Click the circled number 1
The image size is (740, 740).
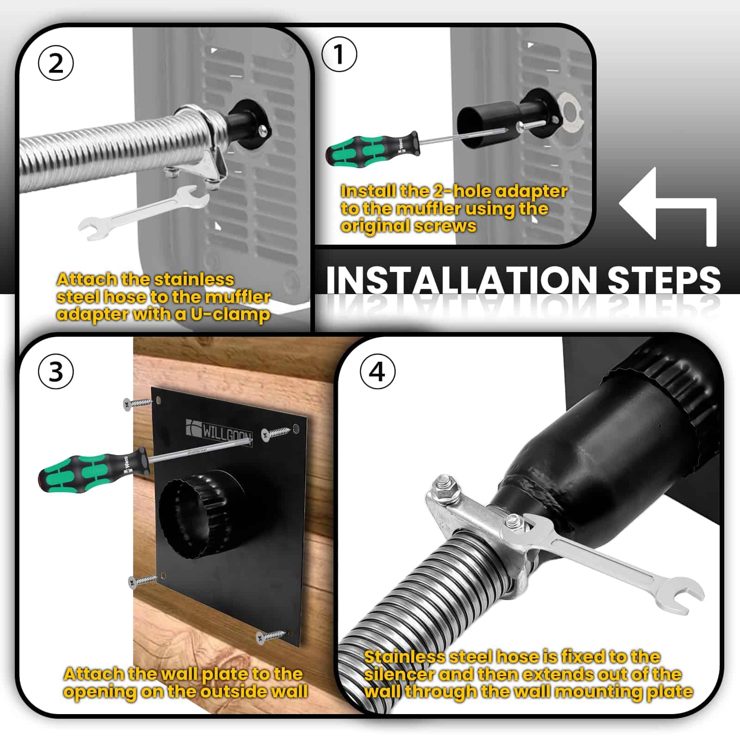coord(339,54)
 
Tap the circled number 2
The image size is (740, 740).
coord(55,63)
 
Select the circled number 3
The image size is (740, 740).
coord(55,371)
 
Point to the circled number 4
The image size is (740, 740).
coord(377,371)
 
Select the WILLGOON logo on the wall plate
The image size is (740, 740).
coord(219,430)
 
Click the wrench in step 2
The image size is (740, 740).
coord(143,212)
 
